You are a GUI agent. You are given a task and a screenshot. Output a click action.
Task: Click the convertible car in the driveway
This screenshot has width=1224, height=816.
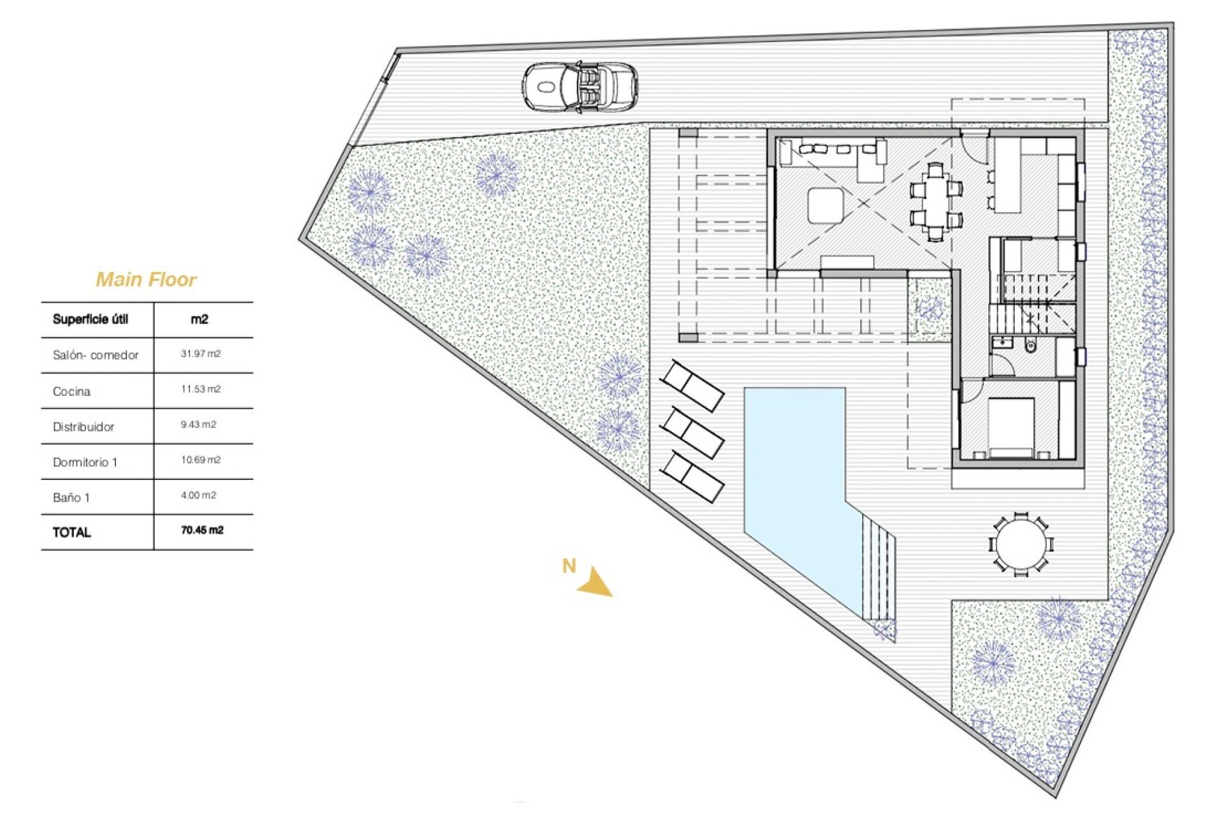[580, 88]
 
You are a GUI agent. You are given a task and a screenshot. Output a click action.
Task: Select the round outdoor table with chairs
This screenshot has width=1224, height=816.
[1021, 544]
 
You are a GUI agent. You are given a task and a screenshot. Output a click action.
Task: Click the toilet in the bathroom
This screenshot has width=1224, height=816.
[1030, 346]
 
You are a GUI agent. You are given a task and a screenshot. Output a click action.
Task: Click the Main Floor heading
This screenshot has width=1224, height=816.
[146, 279]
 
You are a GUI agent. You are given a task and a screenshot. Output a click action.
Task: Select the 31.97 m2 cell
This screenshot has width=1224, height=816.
[201, 354]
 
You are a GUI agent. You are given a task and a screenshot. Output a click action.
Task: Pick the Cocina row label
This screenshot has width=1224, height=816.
[71, 391]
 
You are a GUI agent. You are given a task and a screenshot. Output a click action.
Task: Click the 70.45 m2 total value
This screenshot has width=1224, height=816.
[202, 530]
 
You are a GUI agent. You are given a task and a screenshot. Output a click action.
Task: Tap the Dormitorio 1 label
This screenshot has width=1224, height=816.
[85, 462]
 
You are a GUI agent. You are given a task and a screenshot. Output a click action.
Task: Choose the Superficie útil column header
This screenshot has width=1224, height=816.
[91, 319]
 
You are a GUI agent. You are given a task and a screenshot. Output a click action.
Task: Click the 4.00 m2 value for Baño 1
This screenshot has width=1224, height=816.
[198, 495]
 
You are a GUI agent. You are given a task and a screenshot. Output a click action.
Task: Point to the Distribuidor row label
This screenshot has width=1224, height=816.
[84, 427]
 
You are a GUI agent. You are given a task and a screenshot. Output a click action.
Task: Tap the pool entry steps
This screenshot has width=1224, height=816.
[878, 571]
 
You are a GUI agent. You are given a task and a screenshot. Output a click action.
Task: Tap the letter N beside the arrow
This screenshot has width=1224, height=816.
[569, 565]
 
